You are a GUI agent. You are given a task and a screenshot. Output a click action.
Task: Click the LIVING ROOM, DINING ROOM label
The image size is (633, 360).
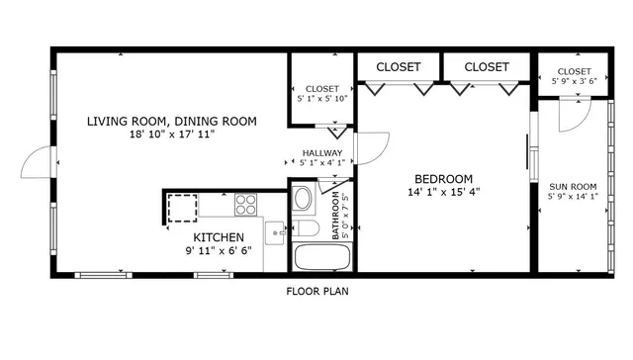[171, 122]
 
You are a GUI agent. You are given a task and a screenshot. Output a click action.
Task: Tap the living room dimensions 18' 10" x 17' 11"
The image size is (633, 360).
[171, 134]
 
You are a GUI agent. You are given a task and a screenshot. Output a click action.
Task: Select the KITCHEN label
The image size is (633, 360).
[219, 237]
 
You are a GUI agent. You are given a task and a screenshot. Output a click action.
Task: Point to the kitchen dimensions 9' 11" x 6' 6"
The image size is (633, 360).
[219, 250]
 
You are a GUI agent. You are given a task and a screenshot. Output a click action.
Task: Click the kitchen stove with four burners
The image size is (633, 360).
[246, 205]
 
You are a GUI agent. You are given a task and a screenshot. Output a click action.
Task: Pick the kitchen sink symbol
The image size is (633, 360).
[275, 235]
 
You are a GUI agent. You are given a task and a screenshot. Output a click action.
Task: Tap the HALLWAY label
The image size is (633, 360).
[322, 152]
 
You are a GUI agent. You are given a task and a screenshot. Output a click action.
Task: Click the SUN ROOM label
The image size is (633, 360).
[573, 185]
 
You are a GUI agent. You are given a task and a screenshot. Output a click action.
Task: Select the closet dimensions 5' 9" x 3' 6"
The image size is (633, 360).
[573, 83]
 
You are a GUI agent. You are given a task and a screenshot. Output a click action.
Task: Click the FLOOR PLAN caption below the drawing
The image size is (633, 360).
[317, 292]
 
